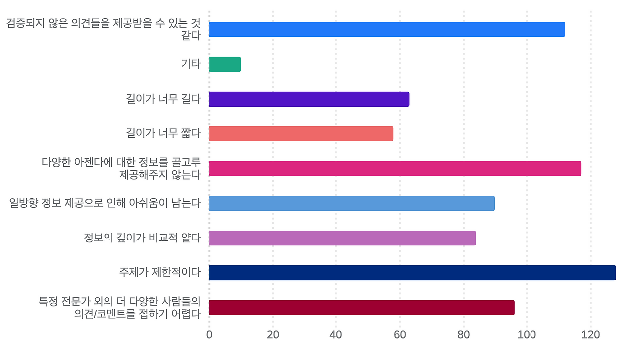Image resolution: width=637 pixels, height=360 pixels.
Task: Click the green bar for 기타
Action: [225, 64]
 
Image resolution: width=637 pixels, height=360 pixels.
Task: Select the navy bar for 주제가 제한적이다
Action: [412, 273]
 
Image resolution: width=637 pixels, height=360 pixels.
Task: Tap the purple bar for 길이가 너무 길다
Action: [309, 99]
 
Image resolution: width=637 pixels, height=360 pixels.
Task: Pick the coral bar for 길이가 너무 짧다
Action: [301, 134]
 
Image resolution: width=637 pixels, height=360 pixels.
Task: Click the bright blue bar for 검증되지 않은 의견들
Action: [387, 30]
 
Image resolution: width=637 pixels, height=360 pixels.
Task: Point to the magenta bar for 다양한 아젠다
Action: [395, 169]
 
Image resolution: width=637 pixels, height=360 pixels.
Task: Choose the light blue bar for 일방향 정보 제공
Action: [351, 203]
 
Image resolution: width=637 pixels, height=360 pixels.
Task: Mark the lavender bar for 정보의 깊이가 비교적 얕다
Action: [342, 238]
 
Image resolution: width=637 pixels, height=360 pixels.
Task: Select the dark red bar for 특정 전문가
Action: [361, 308]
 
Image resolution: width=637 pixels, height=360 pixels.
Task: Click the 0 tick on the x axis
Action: [209, 335]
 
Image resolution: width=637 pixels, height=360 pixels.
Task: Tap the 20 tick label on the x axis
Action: [273, 335]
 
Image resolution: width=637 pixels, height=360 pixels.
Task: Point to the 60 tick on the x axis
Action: [400, 335]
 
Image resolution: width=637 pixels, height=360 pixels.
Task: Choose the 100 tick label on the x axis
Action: [527, 335]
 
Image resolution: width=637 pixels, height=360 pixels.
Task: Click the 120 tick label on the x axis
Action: [591, 335]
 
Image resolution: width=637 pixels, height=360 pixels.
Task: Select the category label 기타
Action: [191, 64]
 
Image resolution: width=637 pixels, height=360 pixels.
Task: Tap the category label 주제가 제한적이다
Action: [160, 272]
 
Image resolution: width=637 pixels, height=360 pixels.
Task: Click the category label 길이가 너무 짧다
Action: [163, 133]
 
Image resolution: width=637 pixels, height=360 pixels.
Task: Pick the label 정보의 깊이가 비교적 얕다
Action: [142, 238]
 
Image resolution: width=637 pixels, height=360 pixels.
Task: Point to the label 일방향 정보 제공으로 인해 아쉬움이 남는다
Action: [105, 203]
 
